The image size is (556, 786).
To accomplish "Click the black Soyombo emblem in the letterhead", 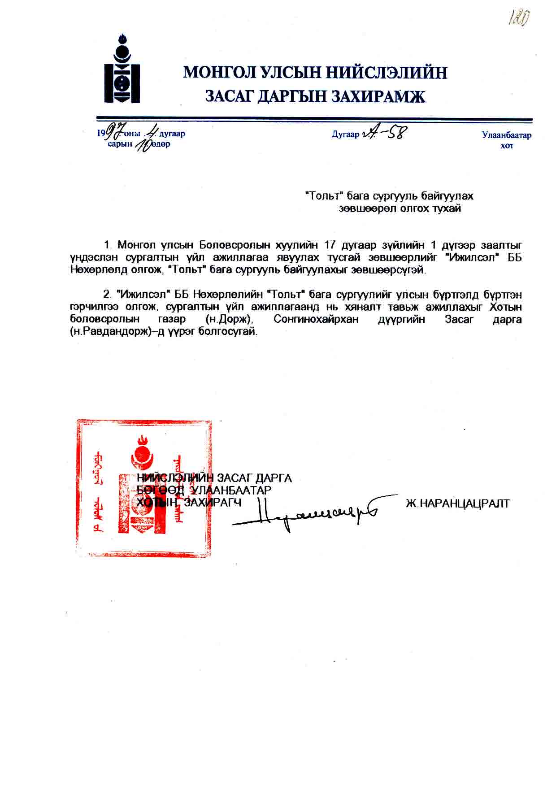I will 122,69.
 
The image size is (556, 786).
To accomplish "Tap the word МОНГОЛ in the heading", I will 219,72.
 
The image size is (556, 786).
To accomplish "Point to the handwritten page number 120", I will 519,19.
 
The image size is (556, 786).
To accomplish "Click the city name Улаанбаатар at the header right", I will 507,135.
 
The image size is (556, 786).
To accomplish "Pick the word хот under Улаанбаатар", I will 507,146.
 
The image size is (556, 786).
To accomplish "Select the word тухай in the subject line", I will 446,208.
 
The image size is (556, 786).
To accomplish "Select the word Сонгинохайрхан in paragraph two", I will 316,320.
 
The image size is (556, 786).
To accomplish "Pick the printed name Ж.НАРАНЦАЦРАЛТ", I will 457,504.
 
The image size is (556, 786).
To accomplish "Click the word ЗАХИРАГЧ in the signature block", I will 213,503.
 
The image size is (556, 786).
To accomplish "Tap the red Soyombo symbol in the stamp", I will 143,489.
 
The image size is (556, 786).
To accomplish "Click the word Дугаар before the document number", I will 345,135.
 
